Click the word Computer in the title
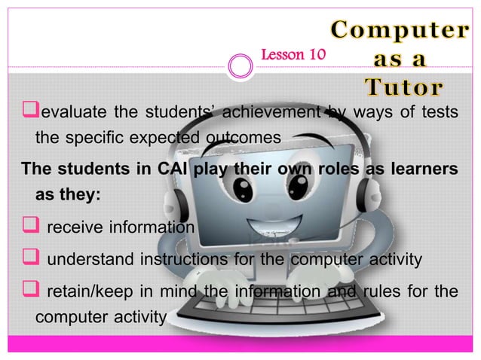tap(398, 31)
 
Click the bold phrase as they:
tap(68, 194)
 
